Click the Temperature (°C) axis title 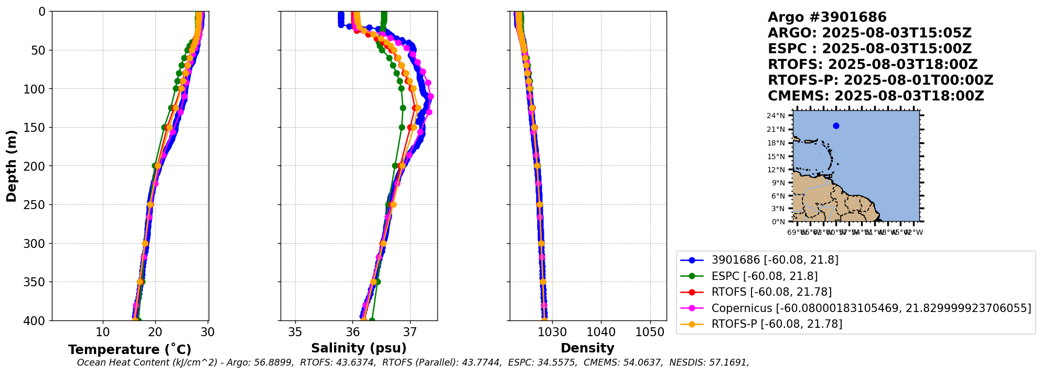pos(130,350)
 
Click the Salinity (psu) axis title pos(359,348)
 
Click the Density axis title pos(587,348)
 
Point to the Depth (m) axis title pos(12,166)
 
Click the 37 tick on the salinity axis pos(410,332)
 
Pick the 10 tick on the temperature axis pos(103,332)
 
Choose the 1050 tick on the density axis pos(650,332)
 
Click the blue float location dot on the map pos(836,126)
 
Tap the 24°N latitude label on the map pos(776,116)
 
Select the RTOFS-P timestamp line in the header pos(880,80)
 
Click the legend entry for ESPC pos(764,276)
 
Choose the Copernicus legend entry pos(871,308)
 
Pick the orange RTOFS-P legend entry pos(776,324)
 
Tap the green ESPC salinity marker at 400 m pos(372,320)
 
